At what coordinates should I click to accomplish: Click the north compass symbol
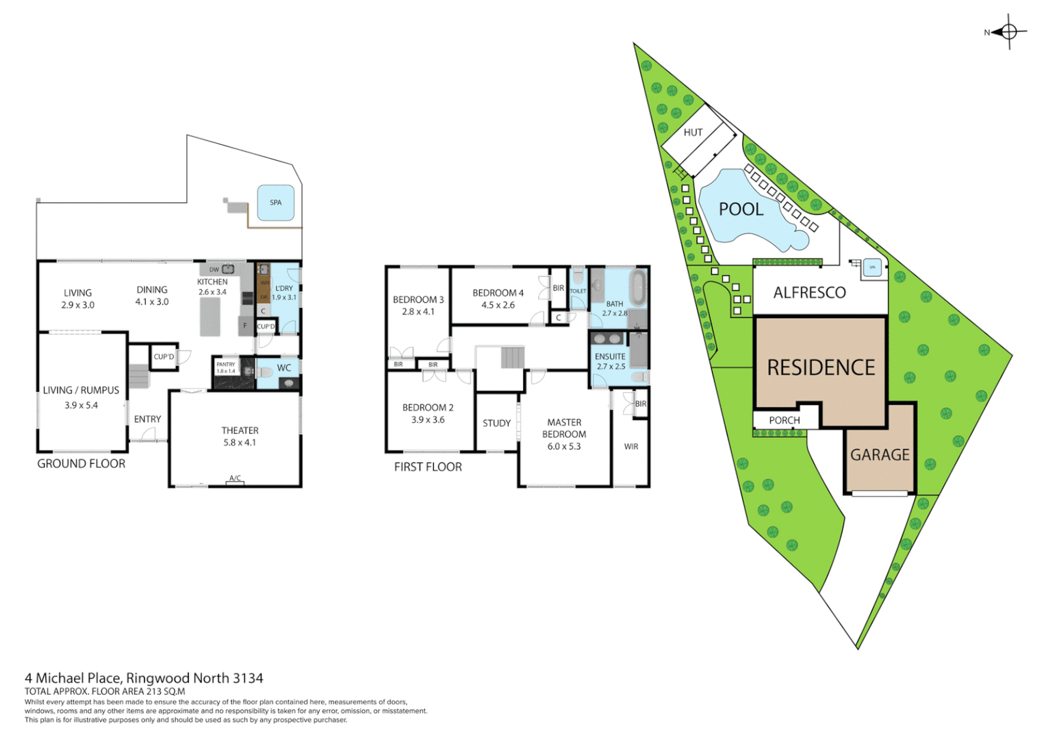[1009, 31]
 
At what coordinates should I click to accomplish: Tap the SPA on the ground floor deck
[276, 203]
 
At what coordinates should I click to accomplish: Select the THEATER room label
[240, 430]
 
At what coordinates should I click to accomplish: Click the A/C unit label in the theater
[235, 478]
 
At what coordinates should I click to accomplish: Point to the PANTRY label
[226, 365]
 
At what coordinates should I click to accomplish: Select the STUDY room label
[496, 424]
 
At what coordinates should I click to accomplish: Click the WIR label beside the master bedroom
[631, 447]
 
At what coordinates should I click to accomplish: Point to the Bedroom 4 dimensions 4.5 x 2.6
[498, 305]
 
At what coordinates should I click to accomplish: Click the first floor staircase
[512, 357]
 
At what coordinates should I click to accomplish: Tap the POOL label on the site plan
[741, 209]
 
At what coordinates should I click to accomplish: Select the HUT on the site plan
[693, 133]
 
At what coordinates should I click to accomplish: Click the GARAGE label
[880, 455]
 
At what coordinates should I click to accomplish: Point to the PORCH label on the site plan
[784, 420]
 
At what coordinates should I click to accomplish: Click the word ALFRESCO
[809, 293]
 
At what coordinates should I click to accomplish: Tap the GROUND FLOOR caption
[81, 464]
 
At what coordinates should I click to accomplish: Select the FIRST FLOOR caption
[428, 467]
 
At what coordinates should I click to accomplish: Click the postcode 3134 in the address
[248, 678]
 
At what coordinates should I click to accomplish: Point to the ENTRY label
[147, 419]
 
